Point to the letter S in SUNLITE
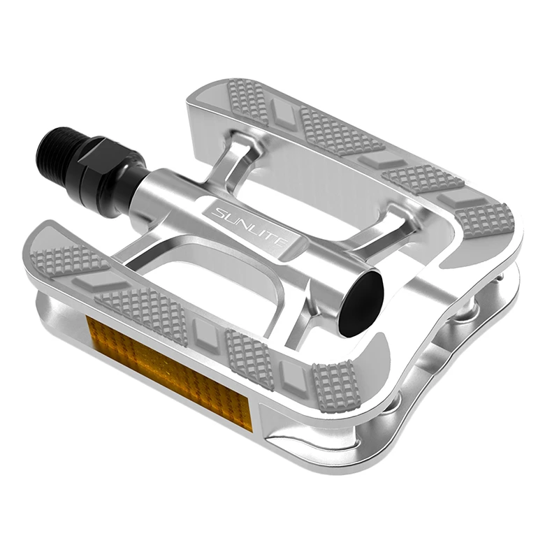pos(219,209)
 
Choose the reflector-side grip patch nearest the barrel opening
pos(336,387)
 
